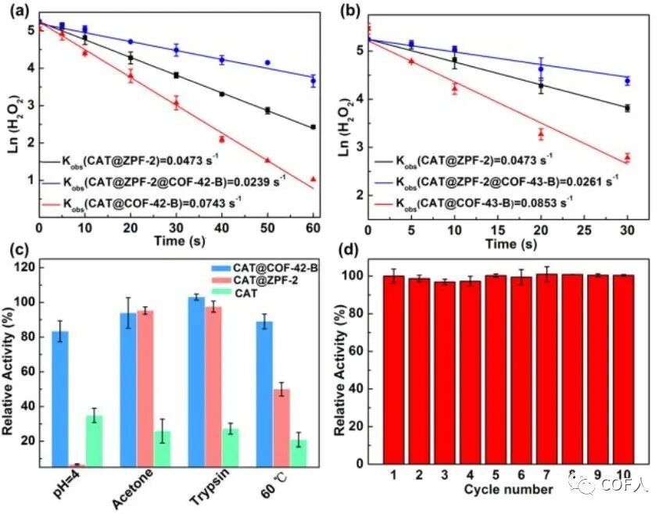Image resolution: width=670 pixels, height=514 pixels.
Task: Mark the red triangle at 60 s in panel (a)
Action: click(313, 179)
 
